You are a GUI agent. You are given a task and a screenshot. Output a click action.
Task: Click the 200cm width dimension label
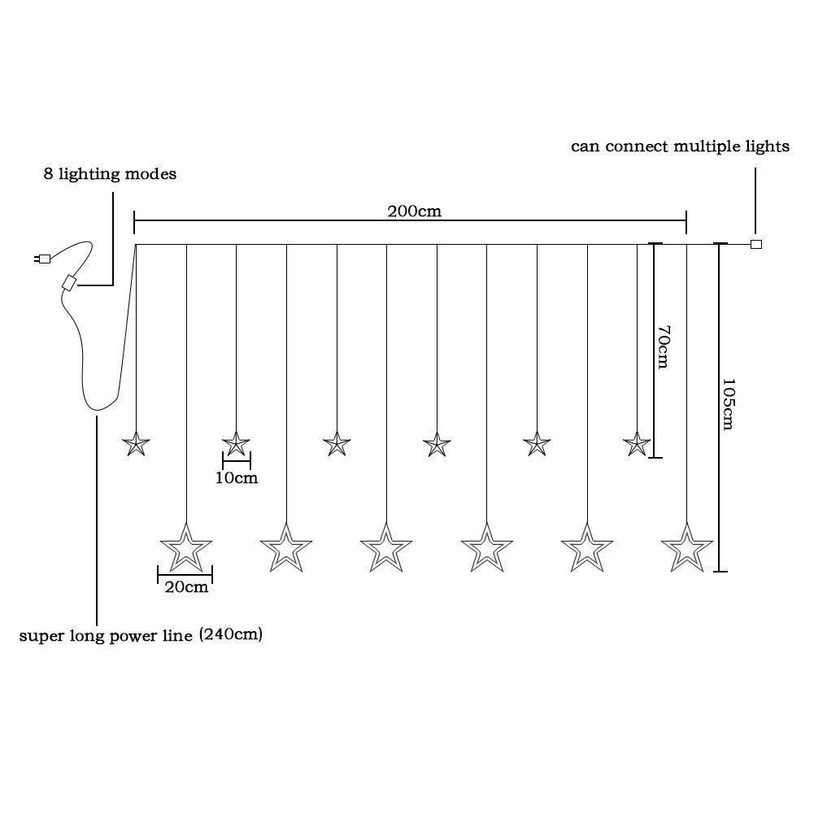point(414,211)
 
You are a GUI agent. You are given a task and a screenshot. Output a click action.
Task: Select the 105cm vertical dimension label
point(729,404)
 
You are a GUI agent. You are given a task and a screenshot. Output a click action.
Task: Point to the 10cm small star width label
point(237,477)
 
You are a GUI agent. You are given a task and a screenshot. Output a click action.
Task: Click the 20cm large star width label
point(186,587)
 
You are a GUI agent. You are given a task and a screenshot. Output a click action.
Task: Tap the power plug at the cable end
point(42,259)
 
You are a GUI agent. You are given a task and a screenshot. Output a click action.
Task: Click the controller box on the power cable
point(68,282)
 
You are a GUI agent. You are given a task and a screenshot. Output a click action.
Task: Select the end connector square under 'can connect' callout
point(756,244)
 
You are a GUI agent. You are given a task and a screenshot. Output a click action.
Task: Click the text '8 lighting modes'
point(110,174)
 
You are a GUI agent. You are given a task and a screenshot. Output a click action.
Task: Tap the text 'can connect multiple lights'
point(680,146)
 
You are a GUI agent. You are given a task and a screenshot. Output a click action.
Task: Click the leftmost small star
point(136,444)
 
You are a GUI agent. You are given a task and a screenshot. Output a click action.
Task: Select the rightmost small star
point(637,444)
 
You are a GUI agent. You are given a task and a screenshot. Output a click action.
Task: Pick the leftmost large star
point(186,548)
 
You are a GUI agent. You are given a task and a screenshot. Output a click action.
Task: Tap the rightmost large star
point(687,548)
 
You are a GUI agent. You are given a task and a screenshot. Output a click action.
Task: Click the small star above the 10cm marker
point(236,444)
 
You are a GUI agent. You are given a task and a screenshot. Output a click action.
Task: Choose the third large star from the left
point(386,548)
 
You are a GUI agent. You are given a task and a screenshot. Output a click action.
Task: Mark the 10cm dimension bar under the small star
point(237,460)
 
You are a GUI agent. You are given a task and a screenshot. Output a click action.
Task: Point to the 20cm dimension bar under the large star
point(185,575)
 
